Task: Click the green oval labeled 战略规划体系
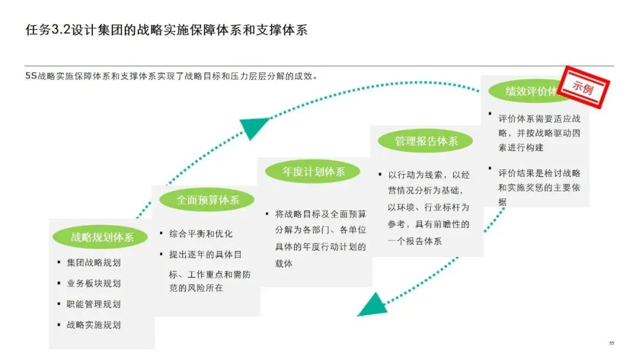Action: tap(102, 237)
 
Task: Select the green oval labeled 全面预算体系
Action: tap(207, 200)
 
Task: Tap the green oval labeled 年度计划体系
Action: tap(313, 172)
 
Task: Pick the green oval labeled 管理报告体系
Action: tap(426, 142)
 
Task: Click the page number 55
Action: tap(612, 343)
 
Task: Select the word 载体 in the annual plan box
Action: tap(284, 263)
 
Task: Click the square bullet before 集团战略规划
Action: tap(59, 262)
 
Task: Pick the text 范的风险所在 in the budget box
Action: tap(196, 288)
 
